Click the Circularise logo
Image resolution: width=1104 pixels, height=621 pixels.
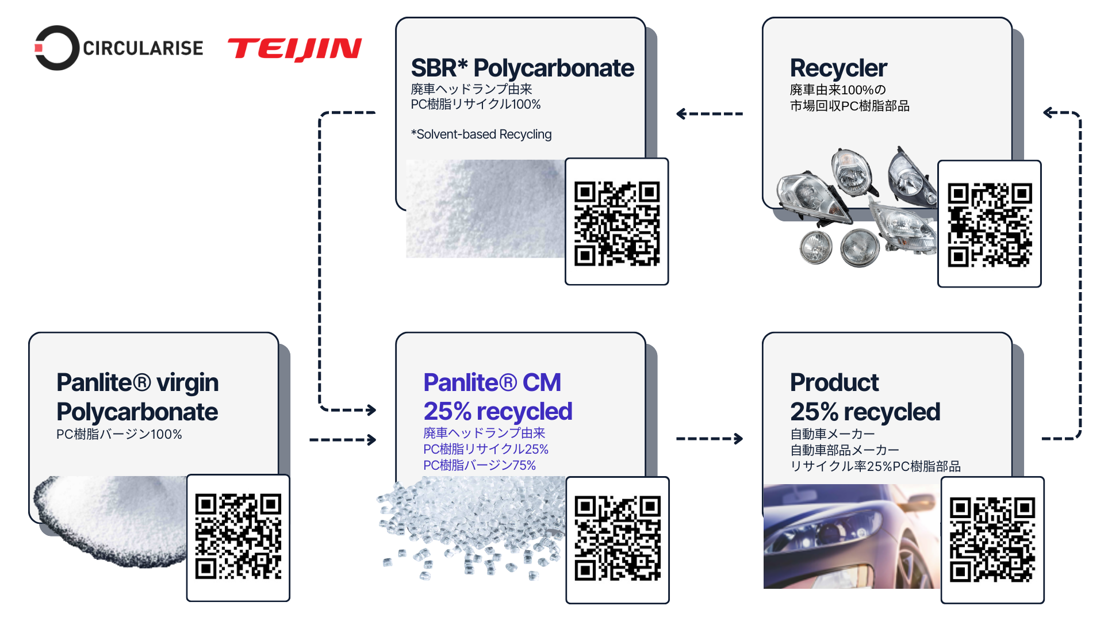pyautogui.click(x=119, y=48)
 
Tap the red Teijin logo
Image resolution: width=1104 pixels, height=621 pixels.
pyautogui.click(x=294, y=49)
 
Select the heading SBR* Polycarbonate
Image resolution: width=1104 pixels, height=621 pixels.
pyautogui.click(x=522, y=68)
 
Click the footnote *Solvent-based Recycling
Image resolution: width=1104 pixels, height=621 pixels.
pyautogui.click(x=481, y=135)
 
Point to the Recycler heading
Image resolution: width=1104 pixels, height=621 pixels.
pyautogui.click(x=838, y=68)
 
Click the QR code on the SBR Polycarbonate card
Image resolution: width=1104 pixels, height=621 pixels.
pyautogui.click(x=616, y=223)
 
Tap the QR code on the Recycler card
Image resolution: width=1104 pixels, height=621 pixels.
pyautogui.click(x=989, y=225)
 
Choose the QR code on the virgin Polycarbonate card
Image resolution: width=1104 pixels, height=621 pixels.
pyautogui.click(x=238, y=536)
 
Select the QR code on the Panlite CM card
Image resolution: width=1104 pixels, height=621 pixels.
pyautogui.click(x=618, y=539)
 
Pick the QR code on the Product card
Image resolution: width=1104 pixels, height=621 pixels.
pyautogui.click(x=992, y=540)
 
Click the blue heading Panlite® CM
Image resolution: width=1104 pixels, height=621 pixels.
pyautogui.click(x=492, y=382)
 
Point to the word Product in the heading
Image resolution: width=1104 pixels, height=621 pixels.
pyautogui.click(x=834, y=382)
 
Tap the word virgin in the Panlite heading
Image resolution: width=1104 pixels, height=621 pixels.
pyautogui.click(x=187, y=382)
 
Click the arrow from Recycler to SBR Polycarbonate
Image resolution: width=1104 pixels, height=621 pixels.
pyautogui.click(x=709, y=114)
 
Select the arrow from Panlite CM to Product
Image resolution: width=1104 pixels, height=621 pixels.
pyautogui.click(x=709, y=439)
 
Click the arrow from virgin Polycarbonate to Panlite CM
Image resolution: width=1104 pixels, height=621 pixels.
pyautogui.click(x=343, y=440)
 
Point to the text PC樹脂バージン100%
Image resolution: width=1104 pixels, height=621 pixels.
pyautogui.click(x=119, y=435)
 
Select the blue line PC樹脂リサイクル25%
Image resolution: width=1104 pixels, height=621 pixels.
pyautogui.click(x=485, y=449)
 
